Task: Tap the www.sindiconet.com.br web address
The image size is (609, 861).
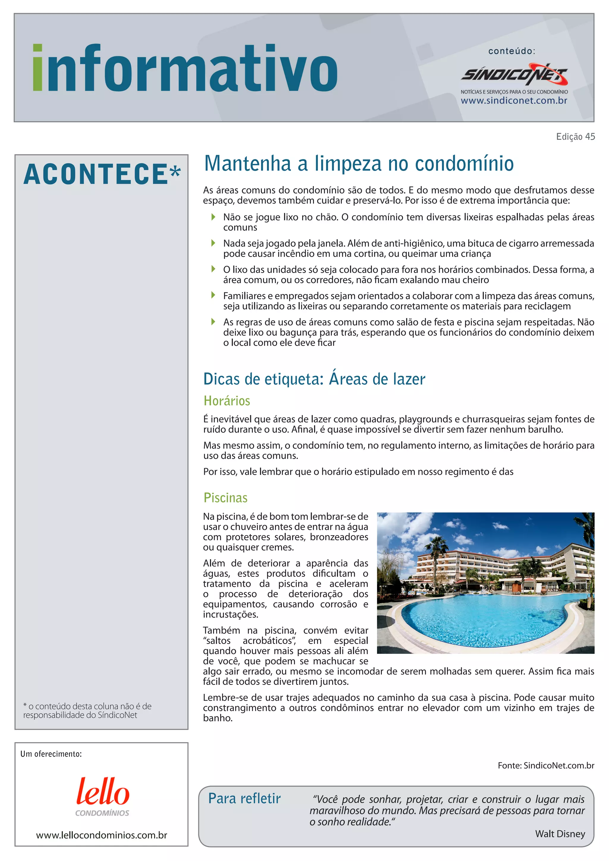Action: pos(514,100)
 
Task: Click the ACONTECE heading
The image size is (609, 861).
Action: pos(96,175)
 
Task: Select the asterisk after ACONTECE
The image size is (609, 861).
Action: pos(175,172)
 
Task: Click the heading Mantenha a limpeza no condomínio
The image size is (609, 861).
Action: pos(359,164)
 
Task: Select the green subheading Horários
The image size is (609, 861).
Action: pos(227,401)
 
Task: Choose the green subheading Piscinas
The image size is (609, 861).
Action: pos(225,498)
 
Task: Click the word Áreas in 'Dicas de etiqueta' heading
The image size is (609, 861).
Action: pos(348,379)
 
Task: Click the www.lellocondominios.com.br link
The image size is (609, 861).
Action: pos(102,835)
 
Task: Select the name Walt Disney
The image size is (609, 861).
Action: pos(560,834)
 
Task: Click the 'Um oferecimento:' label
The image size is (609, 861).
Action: pos(51,754)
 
